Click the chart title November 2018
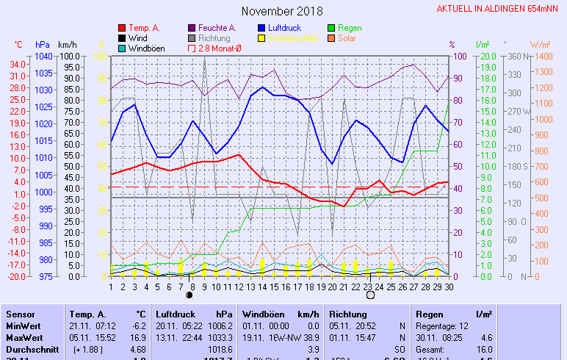click(282, 11)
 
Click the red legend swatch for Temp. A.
click(123, 28)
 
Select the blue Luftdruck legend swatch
click(262, 28)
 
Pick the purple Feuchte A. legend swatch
click(192, 28)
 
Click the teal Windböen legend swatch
click(123, 48)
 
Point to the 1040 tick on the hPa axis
click(43, 57)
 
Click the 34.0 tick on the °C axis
click(19, 64)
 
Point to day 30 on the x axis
click(449, 287)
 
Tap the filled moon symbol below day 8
click(190, 295)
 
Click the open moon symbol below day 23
click(370, 295)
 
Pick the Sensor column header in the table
click(21, 314)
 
